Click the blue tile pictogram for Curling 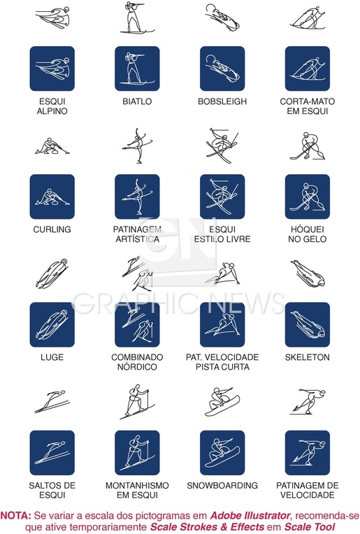(x=52, y=196)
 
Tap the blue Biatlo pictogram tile (x=137, y=68)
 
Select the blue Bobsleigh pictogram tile (x=222, y=68)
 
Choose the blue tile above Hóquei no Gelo (x=308, y=196)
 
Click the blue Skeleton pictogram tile (x=308, y=324)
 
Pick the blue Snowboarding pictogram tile (x=222, y=453)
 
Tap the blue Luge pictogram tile (x=52, y=324)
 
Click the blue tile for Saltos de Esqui (x=52, y=453)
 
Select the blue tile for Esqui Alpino (x=52, y=68)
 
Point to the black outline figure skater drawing (x=138, y=147)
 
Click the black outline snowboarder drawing (x=222, y=401)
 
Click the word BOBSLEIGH (x=222, y=101)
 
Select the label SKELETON (x=308, y=357)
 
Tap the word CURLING (x=52, y=229)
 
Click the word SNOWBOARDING (x=222, y=485)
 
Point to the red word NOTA (x=15, y=515)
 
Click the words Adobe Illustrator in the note (x=250, y=515)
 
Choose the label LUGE (x=52, y=357)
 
